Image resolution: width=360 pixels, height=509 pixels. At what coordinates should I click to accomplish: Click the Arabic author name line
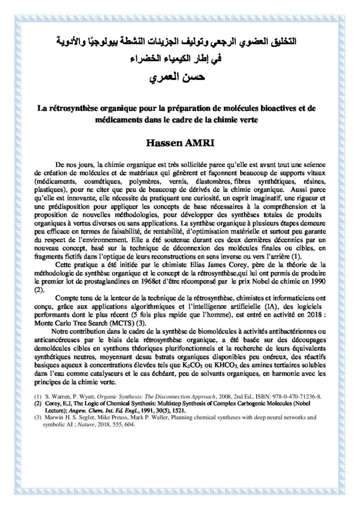click(x=180, y=78)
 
